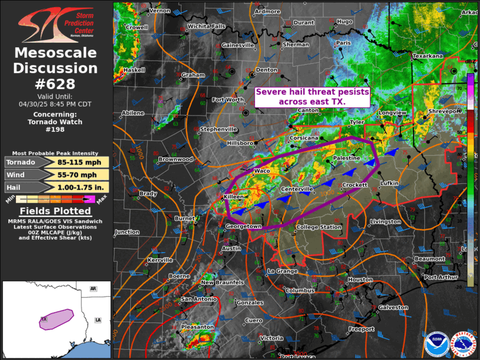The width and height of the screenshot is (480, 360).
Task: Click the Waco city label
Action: [x=261, y=171]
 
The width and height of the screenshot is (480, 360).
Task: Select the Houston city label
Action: [x=360, y=280]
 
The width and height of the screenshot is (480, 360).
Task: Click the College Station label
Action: [x=319, y=227]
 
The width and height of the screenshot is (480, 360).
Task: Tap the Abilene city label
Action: [x=132, y=113]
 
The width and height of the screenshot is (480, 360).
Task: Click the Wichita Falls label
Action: [x=206, y=27]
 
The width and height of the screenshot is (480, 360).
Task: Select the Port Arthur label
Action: [x=441, y=277]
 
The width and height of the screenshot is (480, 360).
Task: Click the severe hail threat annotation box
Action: [x=312, y=97]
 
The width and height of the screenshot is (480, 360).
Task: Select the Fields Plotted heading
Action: [x=55, y=211]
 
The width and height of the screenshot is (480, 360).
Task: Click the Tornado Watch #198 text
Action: [x=55, y=125]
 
